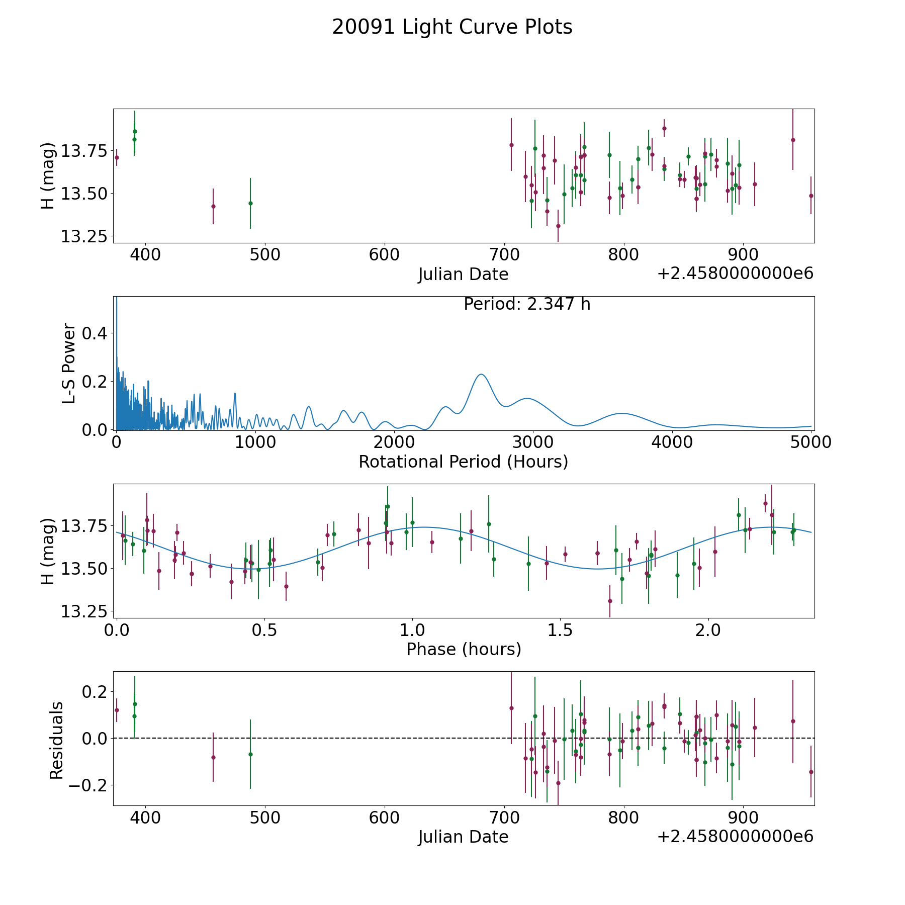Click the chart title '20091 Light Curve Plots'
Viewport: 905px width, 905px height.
(x=452, y=27)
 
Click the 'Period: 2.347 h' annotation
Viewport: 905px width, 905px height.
(x=526, y=304)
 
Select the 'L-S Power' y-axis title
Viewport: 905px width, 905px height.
(x=69, y=364)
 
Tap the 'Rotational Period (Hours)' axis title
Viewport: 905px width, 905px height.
(x=463, y=462)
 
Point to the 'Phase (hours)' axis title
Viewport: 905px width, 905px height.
(x=463, y=649)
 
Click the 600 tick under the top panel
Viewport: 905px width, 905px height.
(x=384, y=254)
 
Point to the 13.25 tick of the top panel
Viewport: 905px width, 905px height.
(x=83, y=236)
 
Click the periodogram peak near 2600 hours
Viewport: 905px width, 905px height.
(x=481, y=375)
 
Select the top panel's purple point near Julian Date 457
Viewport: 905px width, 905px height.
(x=213, y=206)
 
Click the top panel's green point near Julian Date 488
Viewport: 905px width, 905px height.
(x=250, y=203)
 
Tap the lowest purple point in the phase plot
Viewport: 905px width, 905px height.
(x=610, y=601)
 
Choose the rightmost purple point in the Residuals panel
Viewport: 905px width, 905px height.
(x=810, y=772)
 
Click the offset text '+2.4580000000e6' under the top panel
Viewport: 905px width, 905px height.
(x=735, y=274)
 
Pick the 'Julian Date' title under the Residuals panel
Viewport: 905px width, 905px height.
(x=463, y=837)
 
